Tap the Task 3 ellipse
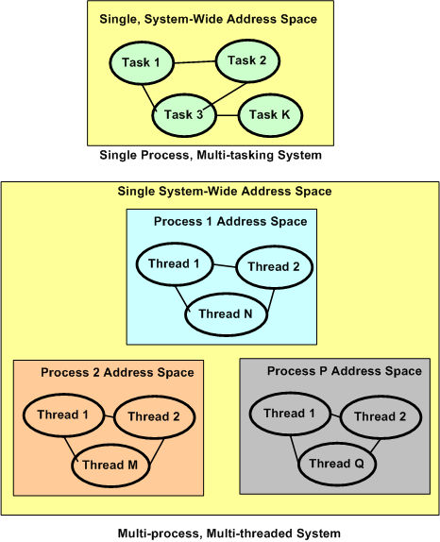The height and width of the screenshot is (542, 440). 184,114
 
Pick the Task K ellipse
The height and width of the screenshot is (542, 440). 270,114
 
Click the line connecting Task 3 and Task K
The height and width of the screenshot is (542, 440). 228,114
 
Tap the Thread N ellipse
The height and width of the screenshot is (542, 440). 228,314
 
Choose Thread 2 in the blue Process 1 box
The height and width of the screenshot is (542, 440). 274,267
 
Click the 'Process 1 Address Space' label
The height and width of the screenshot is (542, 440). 230,221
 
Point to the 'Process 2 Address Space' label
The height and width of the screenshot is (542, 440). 117,372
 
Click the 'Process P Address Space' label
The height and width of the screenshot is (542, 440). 345,371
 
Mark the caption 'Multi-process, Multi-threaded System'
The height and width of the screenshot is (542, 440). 228,534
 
